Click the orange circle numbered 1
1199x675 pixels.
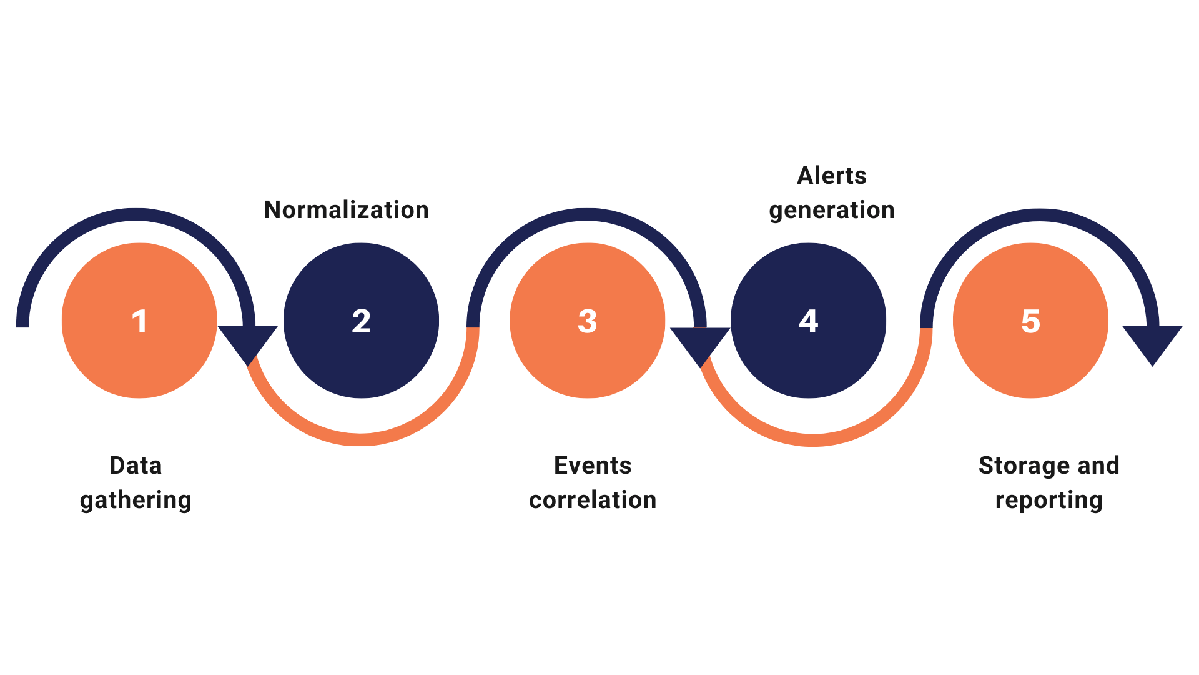coord(139,321)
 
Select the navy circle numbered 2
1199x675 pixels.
coord(361,321)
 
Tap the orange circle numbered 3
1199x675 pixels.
coord(587,321)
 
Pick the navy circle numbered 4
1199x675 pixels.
coord(808,321)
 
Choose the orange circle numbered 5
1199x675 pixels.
coord(1030,321)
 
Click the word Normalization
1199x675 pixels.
coord(347,210)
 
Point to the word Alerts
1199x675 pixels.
coord(832,176)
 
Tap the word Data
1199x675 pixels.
coord(136,466)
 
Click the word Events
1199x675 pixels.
coord(593,466)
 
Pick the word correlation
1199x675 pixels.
coord(593,500)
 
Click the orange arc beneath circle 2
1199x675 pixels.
coord(361,439)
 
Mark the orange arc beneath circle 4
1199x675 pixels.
coord(812,439)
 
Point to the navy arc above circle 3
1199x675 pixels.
coord(587,215)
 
